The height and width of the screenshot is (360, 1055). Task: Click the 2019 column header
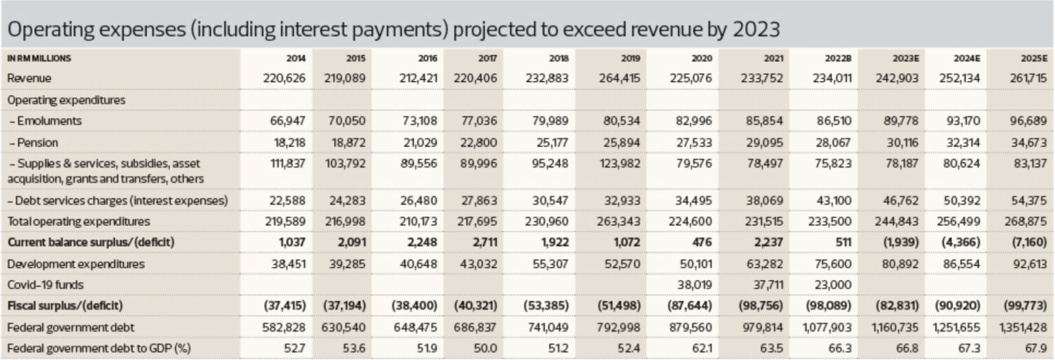[630, 59]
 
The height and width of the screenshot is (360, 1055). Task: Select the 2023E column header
[906, 59]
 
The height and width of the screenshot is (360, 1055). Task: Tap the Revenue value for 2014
[284, 78]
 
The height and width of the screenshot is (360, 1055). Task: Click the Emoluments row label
[45, 121]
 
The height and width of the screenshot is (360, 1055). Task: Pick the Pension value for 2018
[552, 143]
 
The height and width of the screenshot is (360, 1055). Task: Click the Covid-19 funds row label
[45, 285]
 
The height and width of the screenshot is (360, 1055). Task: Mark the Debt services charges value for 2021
[764, 201]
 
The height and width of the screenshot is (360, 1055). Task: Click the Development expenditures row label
[76, 264]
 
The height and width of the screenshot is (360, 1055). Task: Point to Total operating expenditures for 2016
[418, 222]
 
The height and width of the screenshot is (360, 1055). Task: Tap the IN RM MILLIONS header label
[39, 59]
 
